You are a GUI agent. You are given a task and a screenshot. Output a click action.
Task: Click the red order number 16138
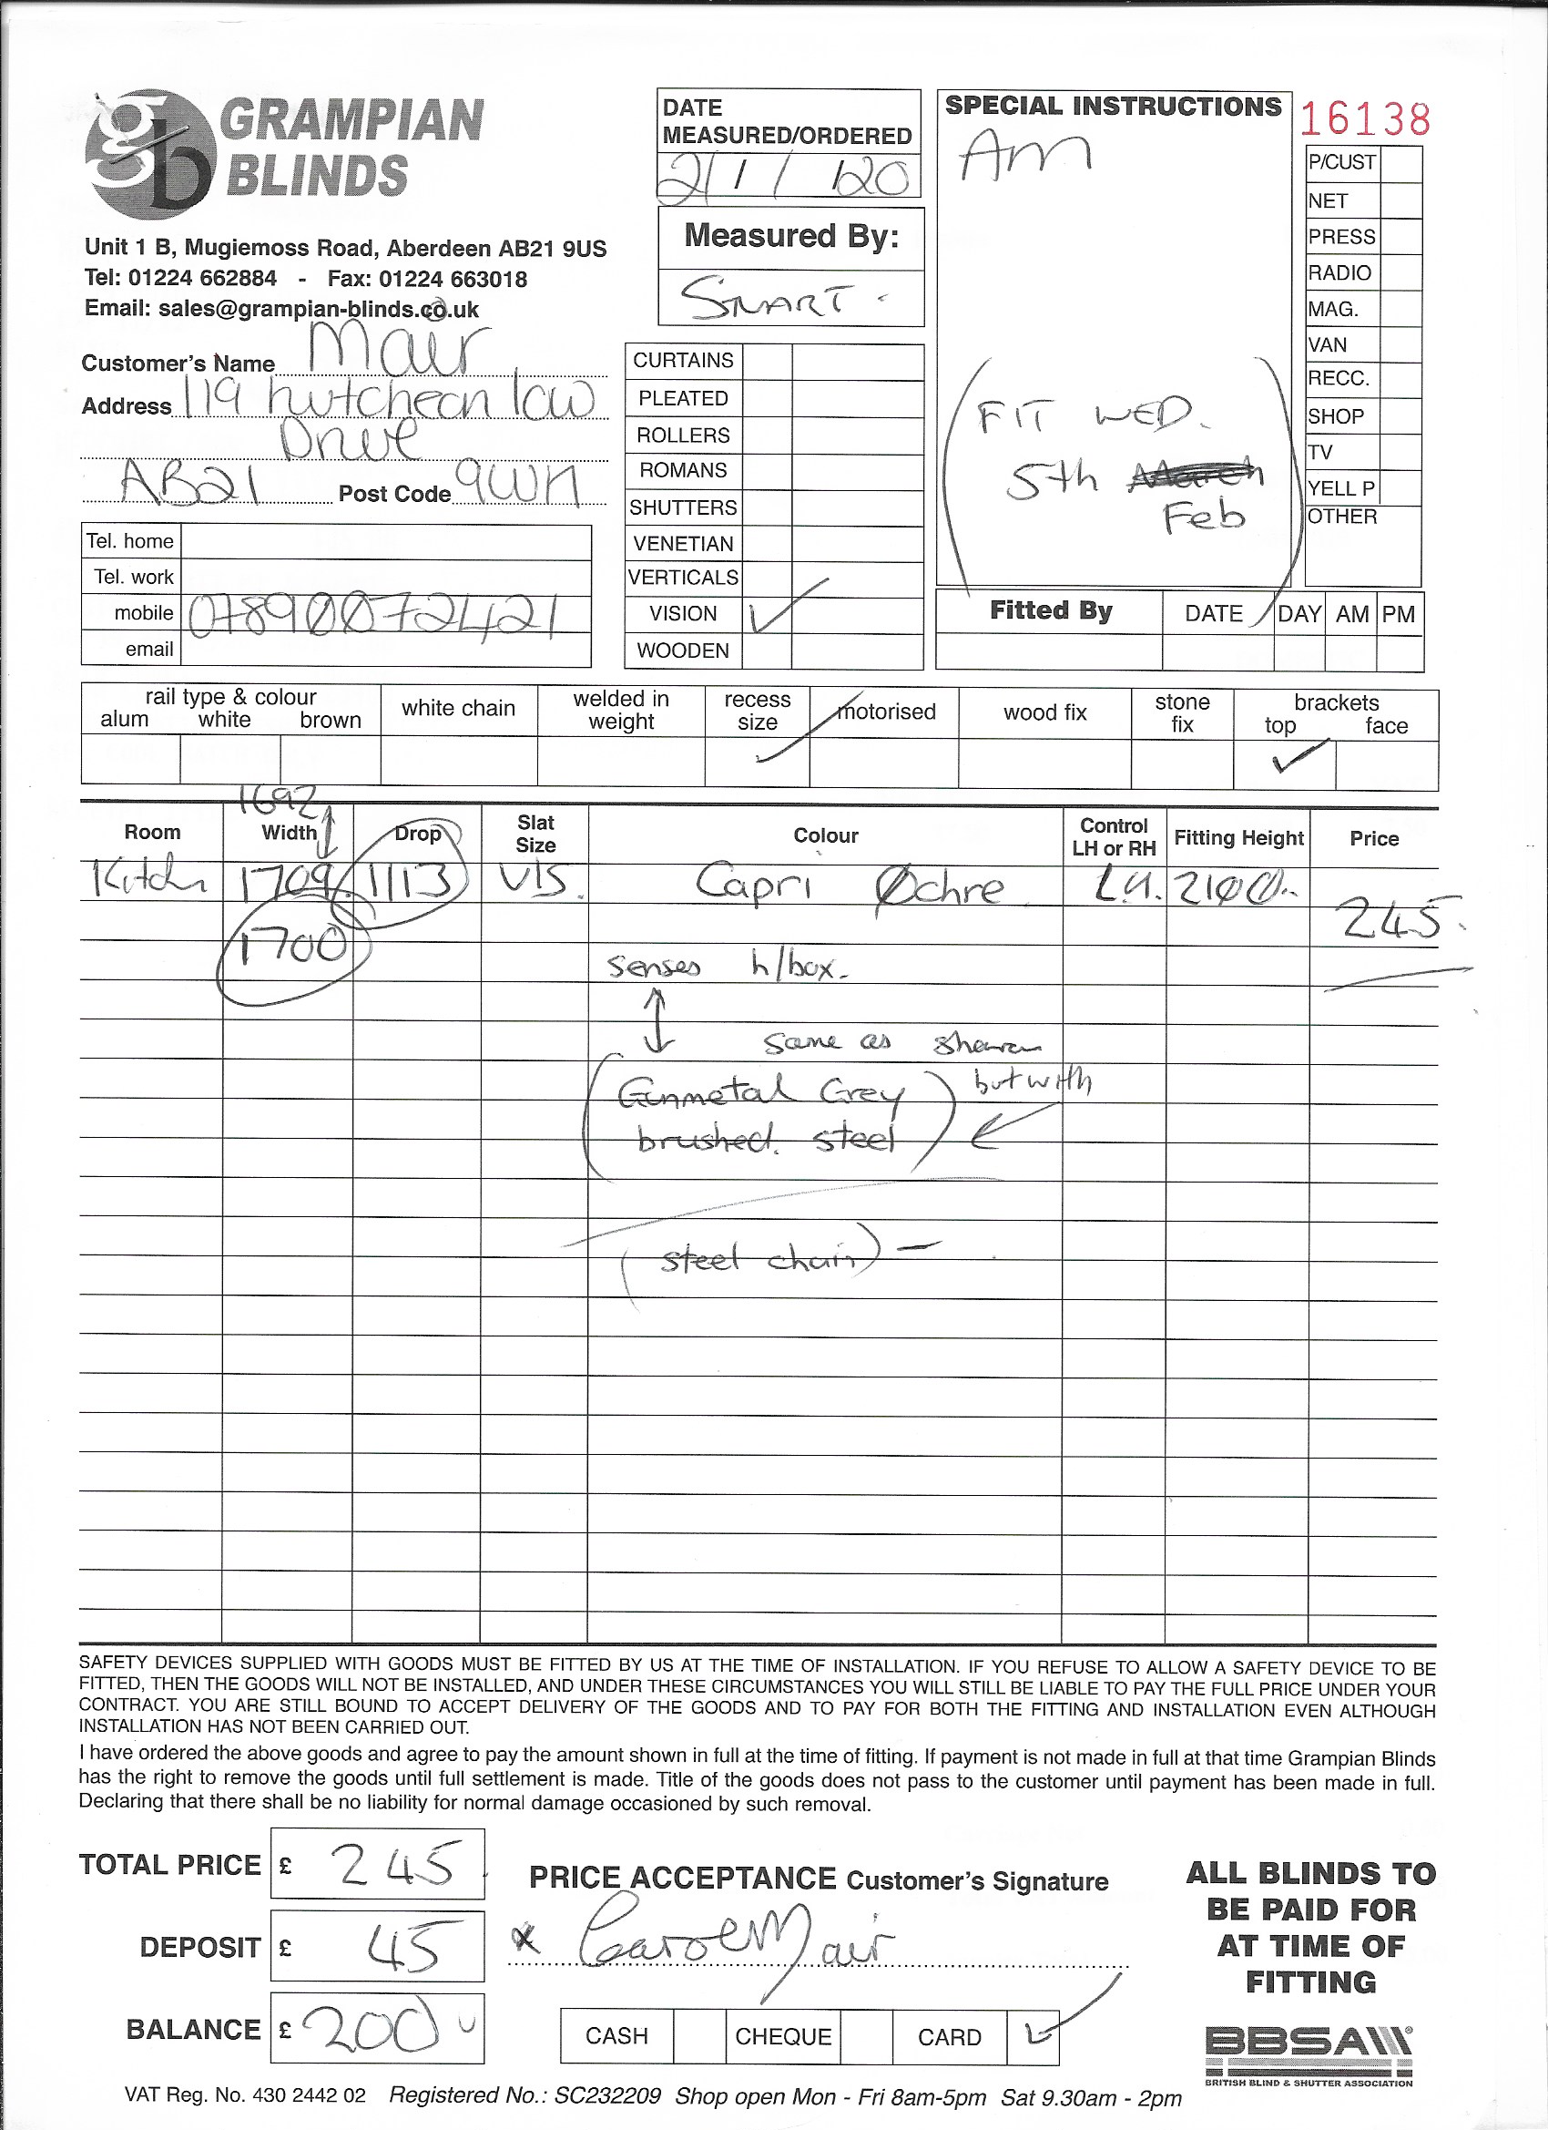(1365, 119)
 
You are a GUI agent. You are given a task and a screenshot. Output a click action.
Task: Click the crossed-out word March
(1194, 476)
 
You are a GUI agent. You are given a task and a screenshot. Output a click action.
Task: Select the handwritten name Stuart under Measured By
(779, 300)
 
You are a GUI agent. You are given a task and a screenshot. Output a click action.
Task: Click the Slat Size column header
(535, 833)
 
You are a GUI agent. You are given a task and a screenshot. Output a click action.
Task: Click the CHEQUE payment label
(783, 2036)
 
